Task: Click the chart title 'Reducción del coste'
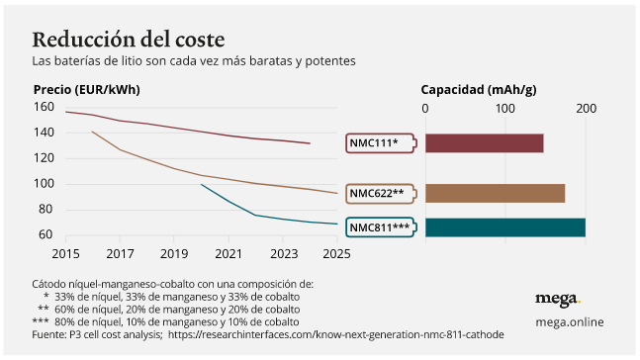tap(128, 39)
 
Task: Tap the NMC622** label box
tap(378, 193)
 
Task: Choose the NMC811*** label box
tap(380, 227)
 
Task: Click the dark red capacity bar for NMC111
tap(484, 143)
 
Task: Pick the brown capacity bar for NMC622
tap(495, 193)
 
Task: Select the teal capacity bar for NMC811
tap(504, 227)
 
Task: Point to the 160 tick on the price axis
tap(44, 107)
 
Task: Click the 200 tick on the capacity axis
tap(586, 108)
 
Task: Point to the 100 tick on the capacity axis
tap(504, 108)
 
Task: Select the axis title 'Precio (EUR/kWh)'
tap(86, 89)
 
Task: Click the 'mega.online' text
tap(569, 321)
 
